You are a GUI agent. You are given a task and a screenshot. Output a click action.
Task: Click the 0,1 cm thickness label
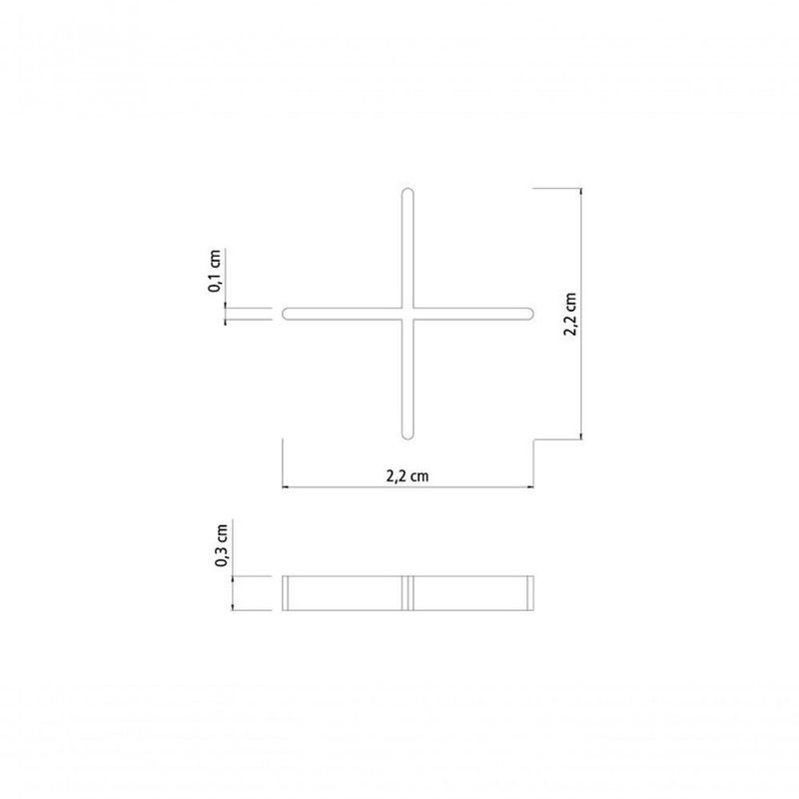[215, 271]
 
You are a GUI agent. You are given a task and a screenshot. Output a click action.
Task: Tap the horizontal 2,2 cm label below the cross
[407, 476]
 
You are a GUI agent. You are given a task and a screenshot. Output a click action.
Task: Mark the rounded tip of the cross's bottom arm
[406, 434]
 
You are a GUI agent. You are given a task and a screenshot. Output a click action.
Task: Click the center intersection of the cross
[406, 314]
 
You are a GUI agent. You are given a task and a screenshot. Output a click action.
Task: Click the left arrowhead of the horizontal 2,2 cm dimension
[285, 487]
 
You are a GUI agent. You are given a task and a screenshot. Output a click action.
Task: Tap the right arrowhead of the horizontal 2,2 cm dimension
[529, 487]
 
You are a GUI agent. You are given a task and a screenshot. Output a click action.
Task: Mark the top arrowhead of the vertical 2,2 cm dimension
[581, 190]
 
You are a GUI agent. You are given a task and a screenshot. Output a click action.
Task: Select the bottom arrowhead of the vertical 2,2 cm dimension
[581, 436]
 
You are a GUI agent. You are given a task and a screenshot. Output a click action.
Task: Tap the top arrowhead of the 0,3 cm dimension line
[233, 579]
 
